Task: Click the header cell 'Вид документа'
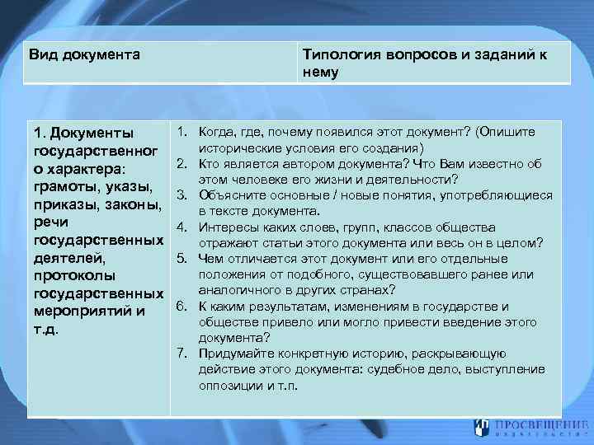coord(84,55)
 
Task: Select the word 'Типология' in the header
coord(337,55)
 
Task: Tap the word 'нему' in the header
coord(320,72)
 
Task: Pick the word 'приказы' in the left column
coord(64,204)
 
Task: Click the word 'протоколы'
coord(73,275)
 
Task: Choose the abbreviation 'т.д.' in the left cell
coord(46,329)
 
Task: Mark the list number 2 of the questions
coord(182,164)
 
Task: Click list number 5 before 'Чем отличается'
coord(182,258)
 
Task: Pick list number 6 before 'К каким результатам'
coord(182,306)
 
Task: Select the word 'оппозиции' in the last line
coord(228,384)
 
